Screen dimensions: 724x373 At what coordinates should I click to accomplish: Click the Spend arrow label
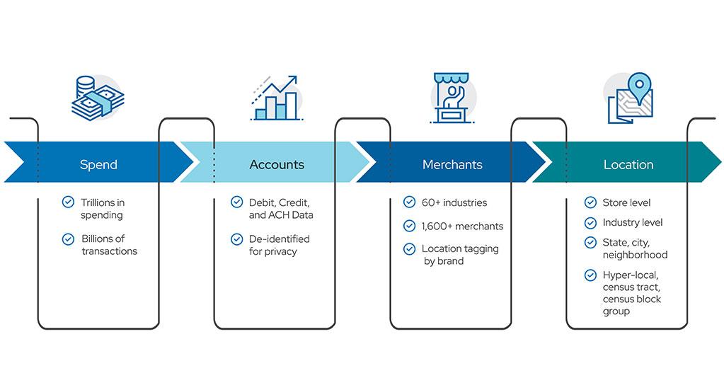[x=98, y=165]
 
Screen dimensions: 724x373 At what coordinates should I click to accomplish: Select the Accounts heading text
[x=277, y=165]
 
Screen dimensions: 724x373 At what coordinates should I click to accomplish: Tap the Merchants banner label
[x=452, y=165]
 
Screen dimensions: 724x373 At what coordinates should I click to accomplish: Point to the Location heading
[x=628, y=165]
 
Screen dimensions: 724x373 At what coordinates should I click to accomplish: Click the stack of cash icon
[x=98, y=98]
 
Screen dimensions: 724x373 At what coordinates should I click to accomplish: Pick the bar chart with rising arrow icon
[x=277, y=98]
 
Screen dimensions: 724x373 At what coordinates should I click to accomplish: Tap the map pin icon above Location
[x=630, y=98]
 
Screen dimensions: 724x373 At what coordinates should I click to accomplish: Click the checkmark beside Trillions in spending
[x=68, y=202]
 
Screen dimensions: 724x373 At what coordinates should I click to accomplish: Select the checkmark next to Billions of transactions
[x=68, y=239]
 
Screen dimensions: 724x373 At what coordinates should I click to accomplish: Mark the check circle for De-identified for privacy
[x=236, y=239]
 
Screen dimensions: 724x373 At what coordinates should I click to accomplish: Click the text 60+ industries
[x=454, y=202]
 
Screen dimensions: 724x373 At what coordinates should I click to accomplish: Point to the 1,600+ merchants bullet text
[x=462, y=226]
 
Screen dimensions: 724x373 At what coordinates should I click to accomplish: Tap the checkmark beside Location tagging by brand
[x=409, y=249]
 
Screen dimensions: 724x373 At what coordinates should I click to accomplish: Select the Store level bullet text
[x=626, y=202]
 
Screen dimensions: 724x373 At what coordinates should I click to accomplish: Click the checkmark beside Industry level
[x=590, y=223]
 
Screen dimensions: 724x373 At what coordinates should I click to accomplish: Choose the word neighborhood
[x=635, y=255]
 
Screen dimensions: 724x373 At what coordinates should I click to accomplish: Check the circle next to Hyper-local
[x=590, y=275]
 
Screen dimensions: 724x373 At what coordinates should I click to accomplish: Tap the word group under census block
[x=616, y=311]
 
